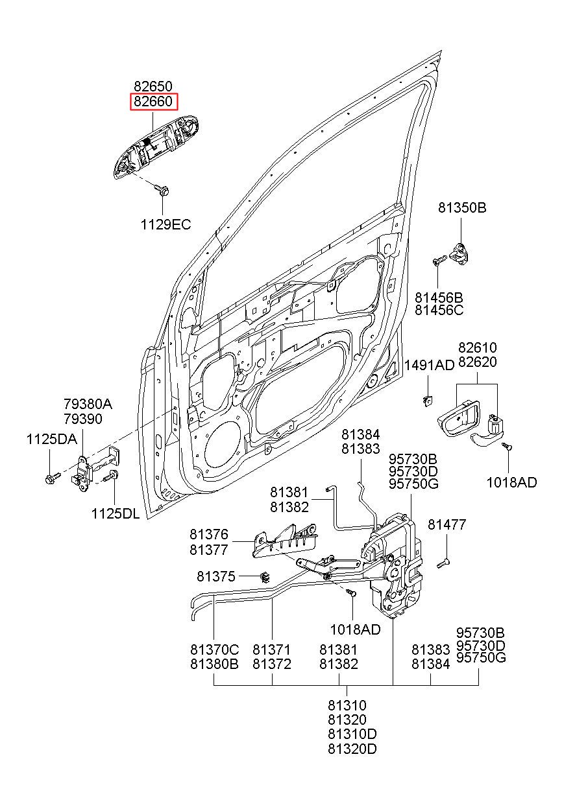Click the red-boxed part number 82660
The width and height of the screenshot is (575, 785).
coord(153,102)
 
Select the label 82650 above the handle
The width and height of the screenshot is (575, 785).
coord(153,87)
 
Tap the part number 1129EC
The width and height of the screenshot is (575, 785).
coord(165,225)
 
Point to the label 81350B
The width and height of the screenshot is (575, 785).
coord(462,208)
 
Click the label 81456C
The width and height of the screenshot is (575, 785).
coord(439,310)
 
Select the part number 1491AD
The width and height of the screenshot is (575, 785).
coord(430,366)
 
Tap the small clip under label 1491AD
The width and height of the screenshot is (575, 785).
coord(428,400)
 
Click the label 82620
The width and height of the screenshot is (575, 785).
coord(478,362)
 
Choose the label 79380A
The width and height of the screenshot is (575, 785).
coord(88,404)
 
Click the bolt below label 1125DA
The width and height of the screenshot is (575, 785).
coord(53,477)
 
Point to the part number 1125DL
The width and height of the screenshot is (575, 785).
coord(116,514)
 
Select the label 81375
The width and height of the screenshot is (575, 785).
coord(215,576)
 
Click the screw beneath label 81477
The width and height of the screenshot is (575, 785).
coord(443,563)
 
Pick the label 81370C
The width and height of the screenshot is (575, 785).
coord(214,650)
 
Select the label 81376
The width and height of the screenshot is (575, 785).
coord(209,534)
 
